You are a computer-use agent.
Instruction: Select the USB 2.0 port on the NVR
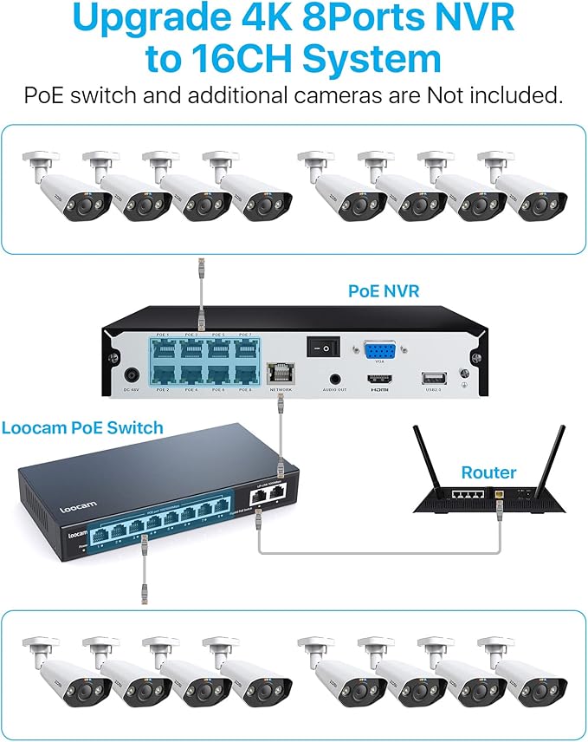coord(430,377)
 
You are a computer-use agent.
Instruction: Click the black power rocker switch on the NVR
coord(319,346)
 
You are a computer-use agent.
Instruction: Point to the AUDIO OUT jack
coord(335,379)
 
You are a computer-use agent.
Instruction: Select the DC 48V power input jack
coord(132,376)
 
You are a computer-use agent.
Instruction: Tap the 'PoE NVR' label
coord(384,292)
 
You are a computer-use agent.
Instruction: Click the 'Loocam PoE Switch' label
coord(82,428)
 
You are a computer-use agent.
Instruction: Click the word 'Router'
coord(488,473)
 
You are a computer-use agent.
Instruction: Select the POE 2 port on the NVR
coord(162,374)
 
